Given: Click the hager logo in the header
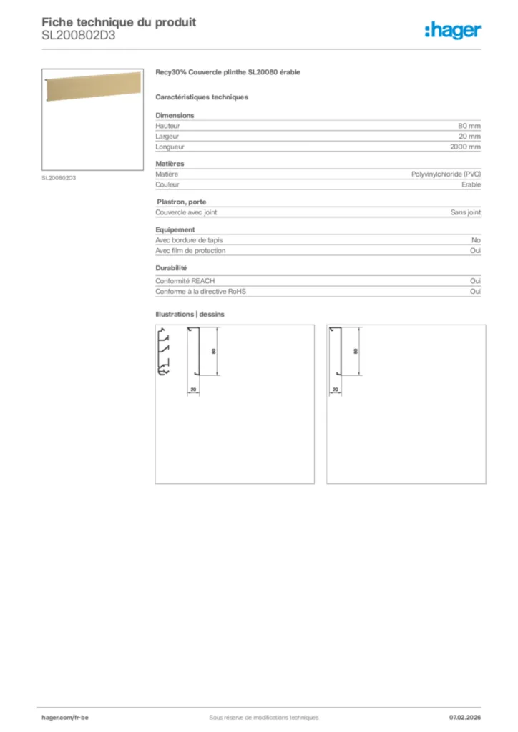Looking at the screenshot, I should (453, 29).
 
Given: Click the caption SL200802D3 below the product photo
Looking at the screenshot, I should (59, 178).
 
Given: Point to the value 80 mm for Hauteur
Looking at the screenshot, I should (469, 126).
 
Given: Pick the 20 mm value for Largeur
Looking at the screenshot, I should (469, 137).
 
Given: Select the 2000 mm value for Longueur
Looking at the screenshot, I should (465, 147).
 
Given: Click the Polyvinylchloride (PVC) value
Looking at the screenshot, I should (446, 174).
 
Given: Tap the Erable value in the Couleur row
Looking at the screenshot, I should (471, 184).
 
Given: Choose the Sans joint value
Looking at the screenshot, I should (465, 212).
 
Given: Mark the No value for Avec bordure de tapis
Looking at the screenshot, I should (476, 240).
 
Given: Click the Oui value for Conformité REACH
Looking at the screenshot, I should (475, 281).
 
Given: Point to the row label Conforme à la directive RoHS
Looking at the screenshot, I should (200, 292).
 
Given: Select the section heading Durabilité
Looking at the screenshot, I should (172, 268).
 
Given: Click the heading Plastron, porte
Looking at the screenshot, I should (181, 202).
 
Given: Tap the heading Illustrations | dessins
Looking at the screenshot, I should (190, 314).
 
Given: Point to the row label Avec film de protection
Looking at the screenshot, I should (190, 251).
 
